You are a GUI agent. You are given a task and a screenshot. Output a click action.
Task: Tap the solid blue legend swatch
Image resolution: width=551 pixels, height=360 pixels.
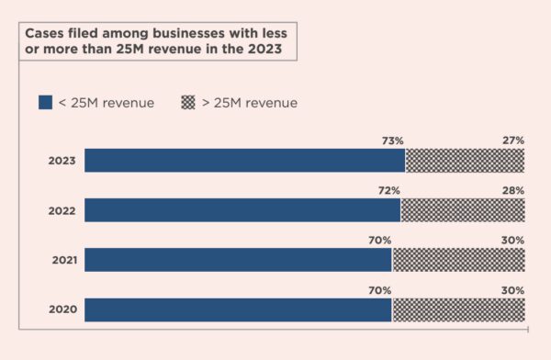45,102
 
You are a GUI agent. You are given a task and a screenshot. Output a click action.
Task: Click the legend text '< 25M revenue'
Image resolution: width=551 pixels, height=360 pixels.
107,102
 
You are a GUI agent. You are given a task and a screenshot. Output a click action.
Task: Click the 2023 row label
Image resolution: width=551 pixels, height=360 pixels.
62,161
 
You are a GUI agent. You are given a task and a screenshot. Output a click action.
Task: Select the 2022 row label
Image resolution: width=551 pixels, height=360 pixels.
62,210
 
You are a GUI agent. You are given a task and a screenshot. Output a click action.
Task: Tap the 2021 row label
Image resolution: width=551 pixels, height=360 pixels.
62,260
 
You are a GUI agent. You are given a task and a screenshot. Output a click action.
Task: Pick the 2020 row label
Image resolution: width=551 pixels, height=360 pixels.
62,309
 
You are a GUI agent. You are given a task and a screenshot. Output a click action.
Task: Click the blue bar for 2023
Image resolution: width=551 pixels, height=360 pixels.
244,161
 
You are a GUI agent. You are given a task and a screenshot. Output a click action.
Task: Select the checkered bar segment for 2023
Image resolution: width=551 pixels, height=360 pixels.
465,161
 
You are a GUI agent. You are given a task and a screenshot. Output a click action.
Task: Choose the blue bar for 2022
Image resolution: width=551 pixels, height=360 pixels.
242,210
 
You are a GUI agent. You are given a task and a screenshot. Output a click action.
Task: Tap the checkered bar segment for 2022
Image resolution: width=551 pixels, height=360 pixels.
463,210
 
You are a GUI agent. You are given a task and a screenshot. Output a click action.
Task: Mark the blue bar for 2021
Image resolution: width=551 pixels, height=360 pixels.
238,260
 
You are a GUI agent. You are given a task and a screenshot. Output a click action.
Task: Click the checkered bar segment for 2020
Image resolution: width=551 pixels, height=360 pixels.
458,309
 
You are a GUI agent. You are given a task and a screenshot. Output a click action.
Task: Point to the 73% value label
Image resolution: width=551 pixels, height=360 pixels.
392,141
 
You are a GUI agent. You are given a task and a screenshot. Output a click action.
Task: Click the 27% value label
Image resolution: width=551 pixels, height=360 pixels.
512,141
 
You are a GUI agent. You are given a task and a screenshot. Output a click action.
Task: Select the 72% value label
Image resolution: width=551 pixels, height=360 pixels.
388,190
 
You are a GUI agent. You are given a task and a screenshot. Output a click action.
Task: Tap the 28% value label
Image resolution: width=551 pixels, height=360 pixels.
512,190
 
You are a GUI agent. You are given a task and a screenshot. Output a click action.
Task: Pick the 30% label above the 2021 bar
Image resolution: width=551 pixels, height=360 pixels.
512,240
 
